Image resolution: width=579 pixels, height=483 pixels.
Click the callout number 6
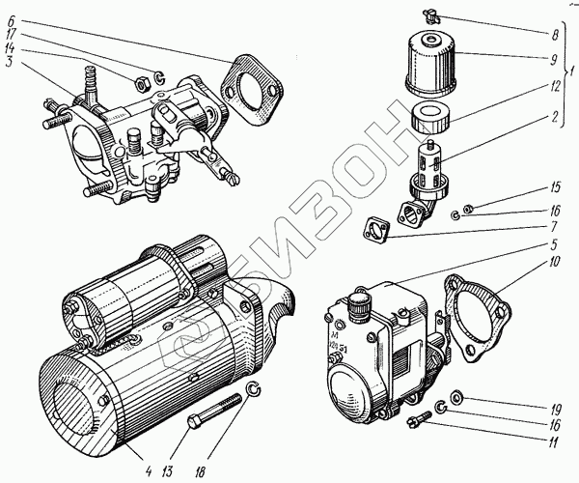point(10,19)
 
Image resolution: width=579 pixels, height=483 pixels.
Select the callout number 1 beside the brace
point(571,72)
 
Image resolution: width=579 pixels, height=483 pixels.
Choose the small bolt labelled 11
point(420,422)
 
